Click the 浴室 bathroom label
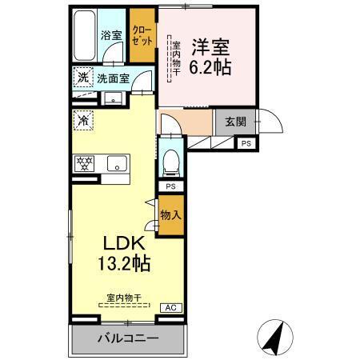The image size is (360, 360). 111,35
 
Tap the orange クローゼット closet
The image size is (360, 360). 142,37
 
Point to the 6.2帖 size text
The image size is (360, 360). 210,67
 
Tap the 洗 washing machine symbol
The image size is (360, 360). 84,78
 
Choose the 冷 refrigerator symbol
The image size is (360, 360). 84,121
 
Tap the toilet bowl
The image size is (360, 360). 170,164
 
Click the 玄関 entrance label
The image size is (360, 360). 235,122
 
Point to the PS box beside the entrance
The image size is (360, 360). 246,143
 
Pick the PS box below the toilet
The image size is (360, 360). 170,186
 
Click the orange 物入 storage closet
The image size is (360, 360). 170,214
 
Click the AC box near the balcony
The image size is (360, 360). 170,307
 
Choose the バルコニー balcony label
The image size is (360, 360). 128,338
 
